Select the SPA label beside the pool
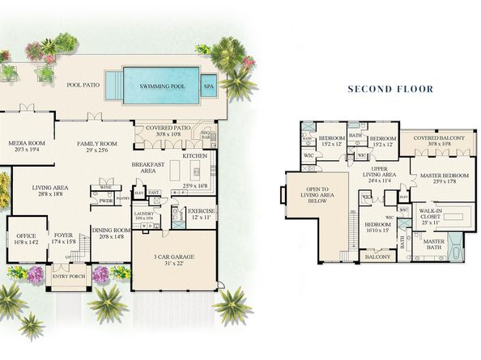click(210, 84)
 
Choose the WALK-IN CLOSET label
click(431, 214)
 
